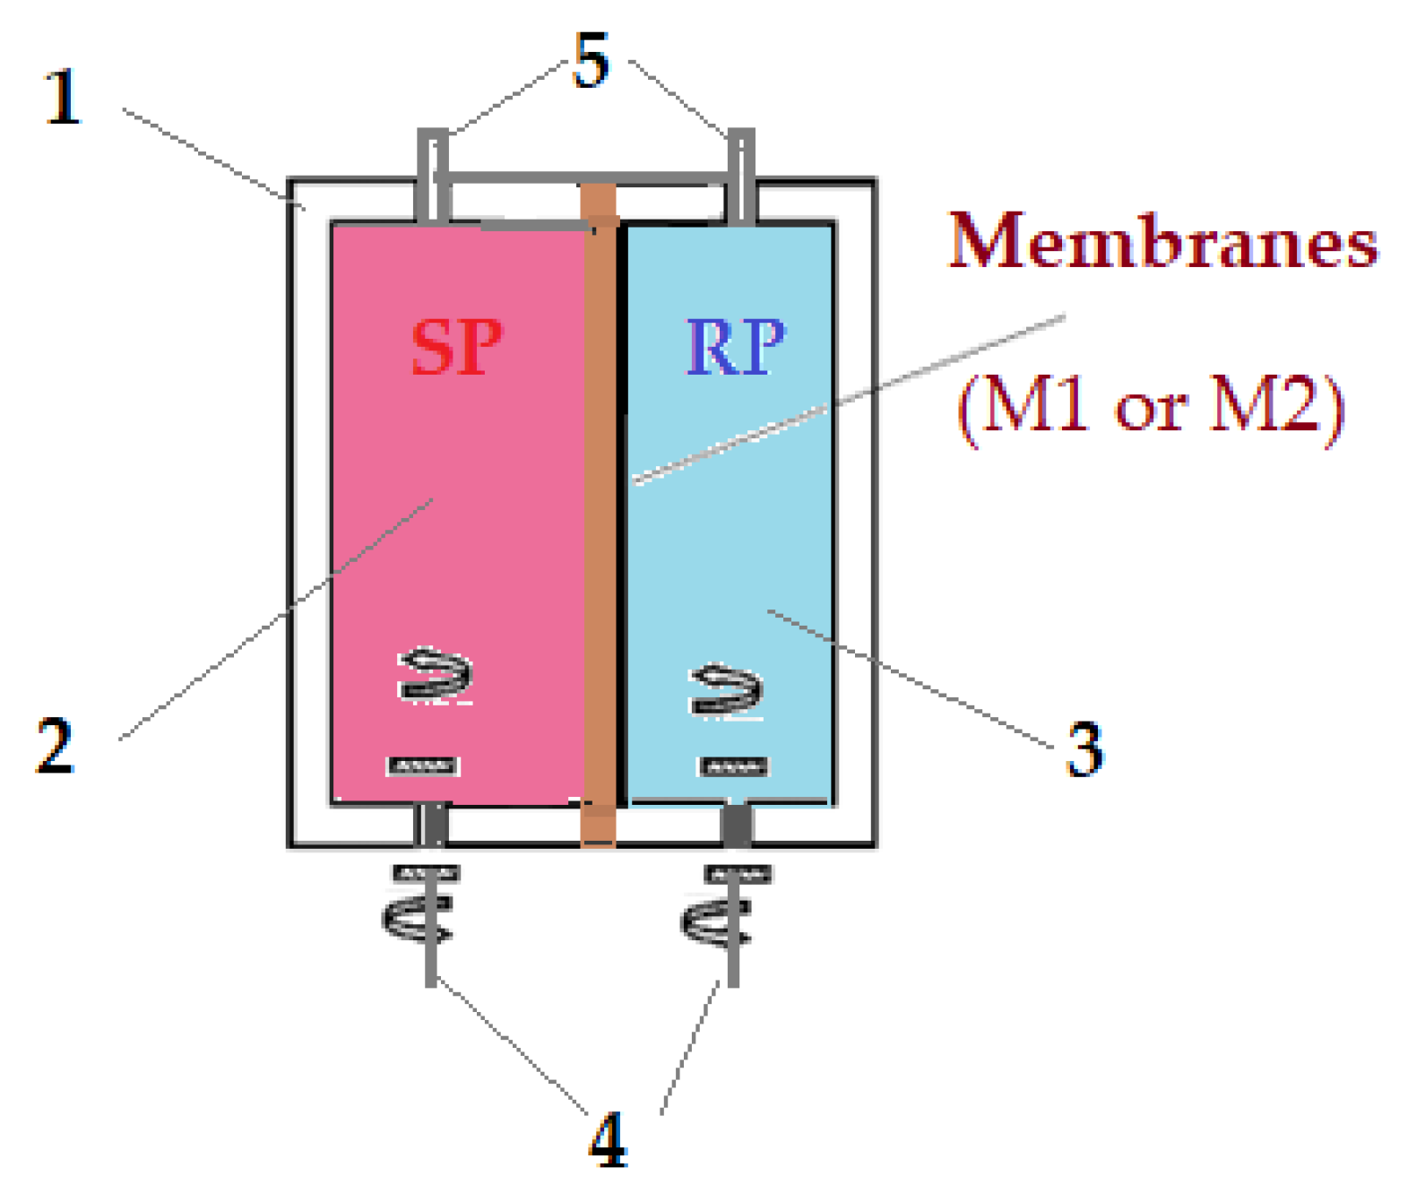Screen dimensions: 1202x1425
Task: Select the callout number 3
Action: tap(1084, 748)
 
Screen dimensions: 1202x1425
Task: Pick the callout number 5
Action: tap(592, 61)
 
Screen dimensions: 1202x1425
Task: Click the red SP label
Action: tap(456, 348)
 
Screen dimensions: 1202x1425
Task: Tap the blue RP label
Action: tap(735, 347)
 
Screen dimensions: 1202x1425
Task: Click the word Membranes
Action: tap(1163, 242)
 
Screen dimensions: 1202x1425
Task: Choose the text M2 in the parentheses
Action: tap(1265, 404)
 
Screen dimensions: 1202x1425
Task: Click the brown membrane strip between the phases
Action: tap(600, 511)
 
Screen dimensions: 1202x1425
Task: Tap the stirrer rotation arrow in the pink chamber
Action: tap(436, 674)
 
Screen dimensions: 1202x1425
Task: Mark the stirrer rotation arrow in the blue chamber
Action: tap(726, 690)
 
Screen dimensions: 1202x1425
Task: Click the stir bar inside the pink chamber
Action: tap(423, 766)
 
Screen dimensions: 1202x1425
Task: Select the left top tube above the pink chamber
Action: tap(434, 175)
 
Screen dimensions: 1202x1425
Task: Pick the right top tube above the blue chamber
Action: tap(740, 175)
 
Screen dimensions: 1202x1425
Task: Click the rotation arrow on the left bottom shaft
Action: tap(418, 920)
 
